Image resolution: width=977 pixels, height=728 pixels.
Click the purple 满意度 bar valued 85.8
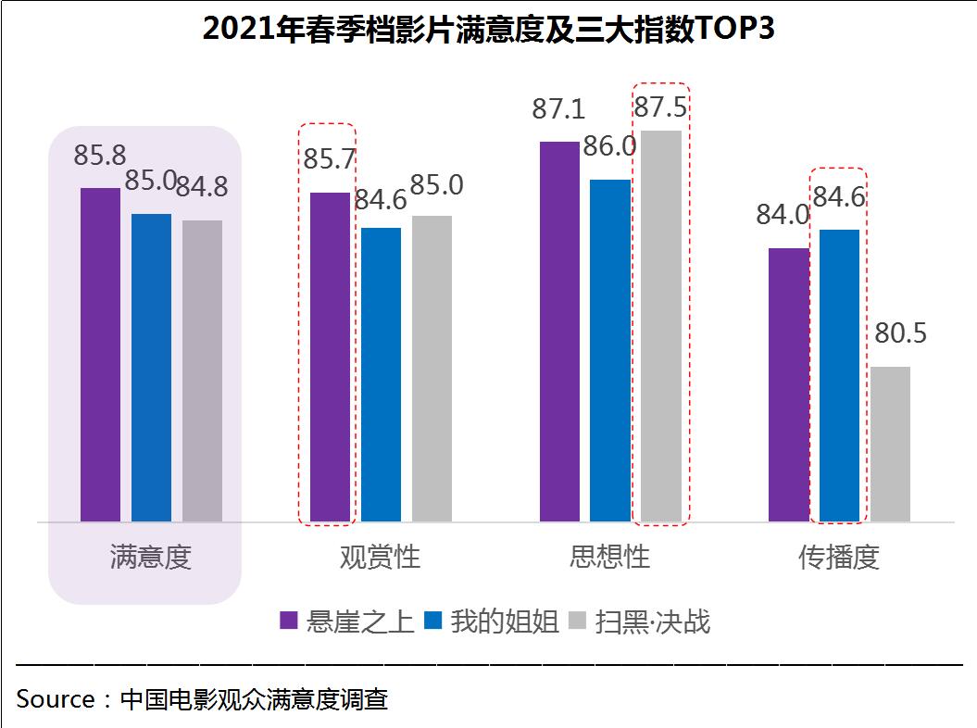100,355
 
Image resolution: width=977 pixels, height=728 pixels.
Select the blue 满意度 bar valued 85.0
151,368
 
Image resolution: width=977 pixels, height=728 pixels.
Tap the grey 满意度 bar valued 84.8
202,370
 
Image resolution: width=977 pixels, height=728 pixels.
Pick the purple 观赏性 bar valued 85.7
330,357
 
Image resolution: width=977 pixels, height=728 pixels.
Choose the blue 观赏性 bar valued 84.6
381,374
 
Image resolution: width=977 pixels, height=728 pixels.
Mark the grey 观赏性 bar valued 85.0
432,369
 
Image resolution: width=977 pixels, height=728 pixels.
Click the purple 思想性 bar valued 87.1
559,332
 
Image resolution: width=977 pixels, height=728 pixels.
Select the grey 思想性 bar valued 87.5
661,326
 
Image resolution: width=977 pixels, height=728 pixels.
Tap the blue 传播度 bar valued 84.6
839,375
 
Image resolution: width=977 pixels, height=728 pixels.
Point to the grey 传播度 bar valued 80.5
890,444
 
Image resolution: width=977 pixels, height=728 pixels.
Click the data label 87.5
659,107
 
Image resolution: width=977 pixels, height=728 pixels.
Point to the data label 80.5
900,333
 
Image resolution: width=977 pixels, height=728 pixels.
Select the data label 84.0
783,215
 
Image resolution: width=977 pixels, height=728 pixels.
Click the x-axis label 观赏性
380,557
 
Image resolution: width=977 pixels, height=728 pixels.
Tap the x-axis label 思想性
609,557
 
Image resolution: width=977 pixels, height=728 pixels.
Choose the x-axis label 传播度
839,557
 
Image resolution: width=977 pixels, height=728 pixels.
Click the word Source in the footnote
55,699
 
